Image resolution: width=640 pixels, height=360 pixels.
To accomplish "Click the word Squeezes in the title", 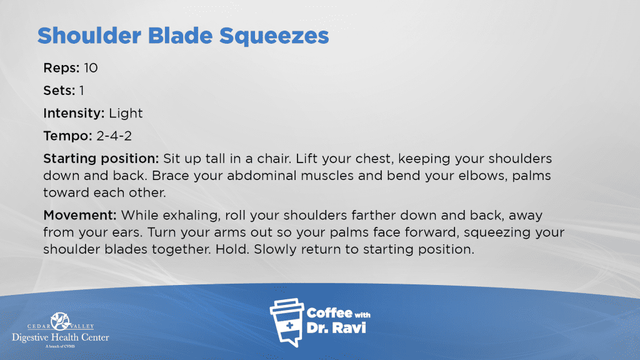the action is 274,36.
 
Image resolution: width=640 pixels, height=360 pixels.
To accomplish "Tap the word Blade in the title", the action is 180,35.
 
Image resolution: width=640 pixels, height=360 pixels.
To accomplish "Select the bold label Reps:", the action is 62,68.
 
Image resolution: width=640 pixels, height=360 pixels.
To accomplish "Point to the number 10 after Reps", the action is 91,67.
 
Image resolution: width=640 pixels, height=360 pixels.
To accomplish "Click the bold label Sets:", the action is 59,91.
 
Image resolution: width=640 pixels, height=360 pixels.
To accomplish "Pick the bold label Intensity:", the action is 74,113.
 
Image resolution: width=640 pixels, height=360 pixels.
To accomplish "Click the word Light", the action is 126,113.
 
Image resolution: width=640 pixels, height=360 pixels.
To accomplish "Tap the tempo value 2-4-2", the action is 114,136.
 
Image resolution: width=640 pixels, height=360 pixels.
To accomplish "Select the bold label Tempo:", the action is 67,136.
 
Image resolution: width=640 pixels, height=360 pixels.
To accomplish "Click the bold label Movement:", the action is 80,215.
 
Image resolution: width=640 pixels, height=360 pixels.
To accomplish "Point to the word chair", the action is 273,158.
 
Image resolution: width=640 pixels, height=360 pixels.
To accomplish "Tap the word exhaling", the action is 191,216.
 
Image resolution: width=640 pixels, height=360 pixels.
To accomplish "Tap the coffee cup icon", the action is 287,322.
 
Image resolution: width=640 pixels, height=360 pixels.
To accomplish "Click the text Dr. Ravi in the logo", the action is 336,327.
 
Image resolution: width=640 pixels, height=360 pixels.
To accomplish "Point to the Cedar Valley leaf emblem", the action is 61,321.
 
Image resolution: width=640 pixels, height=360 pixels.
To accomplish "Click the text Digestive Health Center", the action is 61,337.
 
